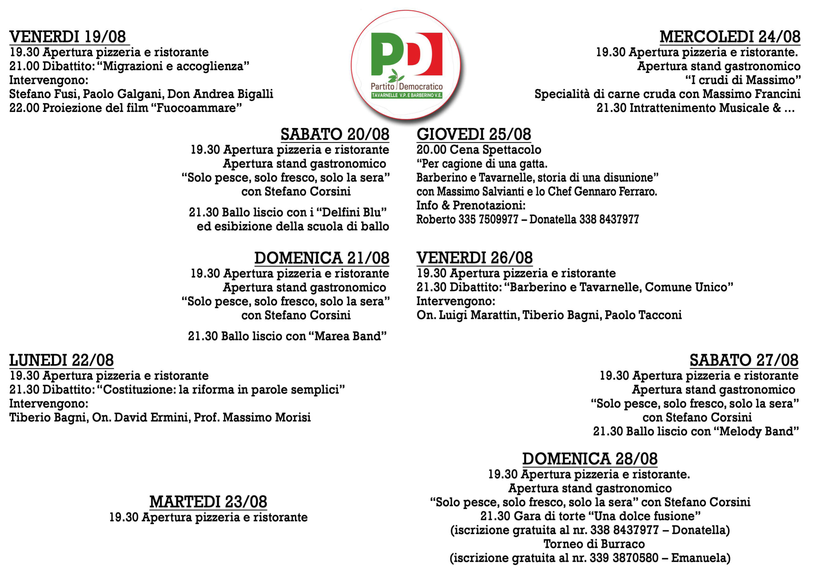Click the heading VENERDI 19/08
[68, 37]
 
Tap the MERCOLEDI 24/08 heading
[730, 37]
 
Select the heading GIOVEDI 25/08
[474, 135]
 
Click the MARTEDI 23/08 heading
[208, 502]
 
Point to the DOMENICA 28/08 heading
[590, 459]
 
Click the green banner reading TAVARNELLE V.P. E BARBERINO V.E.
[407, 95]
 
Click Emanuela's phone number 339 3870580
[624, 558]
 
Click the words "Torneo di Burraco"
[594, 544]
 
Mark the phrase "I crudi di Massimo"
[743, 80]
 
